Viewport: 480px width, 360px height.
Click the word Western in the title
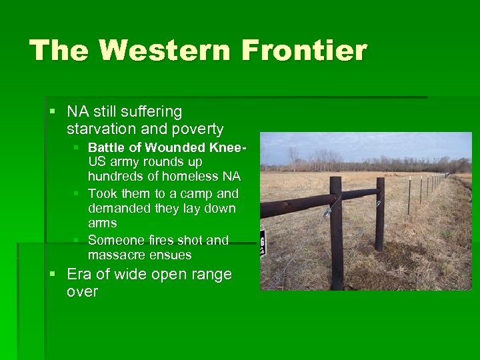[161, 51]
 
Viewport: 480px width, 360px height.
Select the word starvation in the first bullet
[105, 129]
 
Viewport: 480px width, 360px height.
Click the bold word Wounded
[177, 147]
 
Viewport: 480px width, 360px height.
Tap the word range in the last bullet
[207, 274]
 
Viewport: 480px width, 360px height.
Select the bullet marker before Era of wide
[53, 274]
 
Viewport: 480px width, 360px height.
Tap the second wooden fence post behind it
[379, 213]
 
